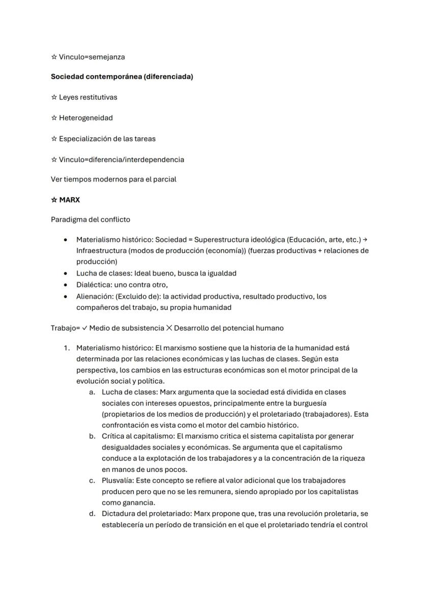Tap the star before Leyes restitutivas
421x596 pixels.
[x=54, y=97]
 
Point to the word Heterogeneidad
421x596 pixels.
[x=86, y=118]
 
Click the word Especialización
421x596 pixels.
[x=84, y=138]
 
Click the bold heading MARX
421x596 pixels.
[x=70, y=200]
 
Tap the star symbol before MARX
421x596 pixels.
[x=54, y=200]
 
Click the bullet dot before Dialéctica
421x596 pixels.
[x=65, y=285]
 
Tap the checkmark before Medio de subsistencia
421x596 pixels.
[x=84, y=328]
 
